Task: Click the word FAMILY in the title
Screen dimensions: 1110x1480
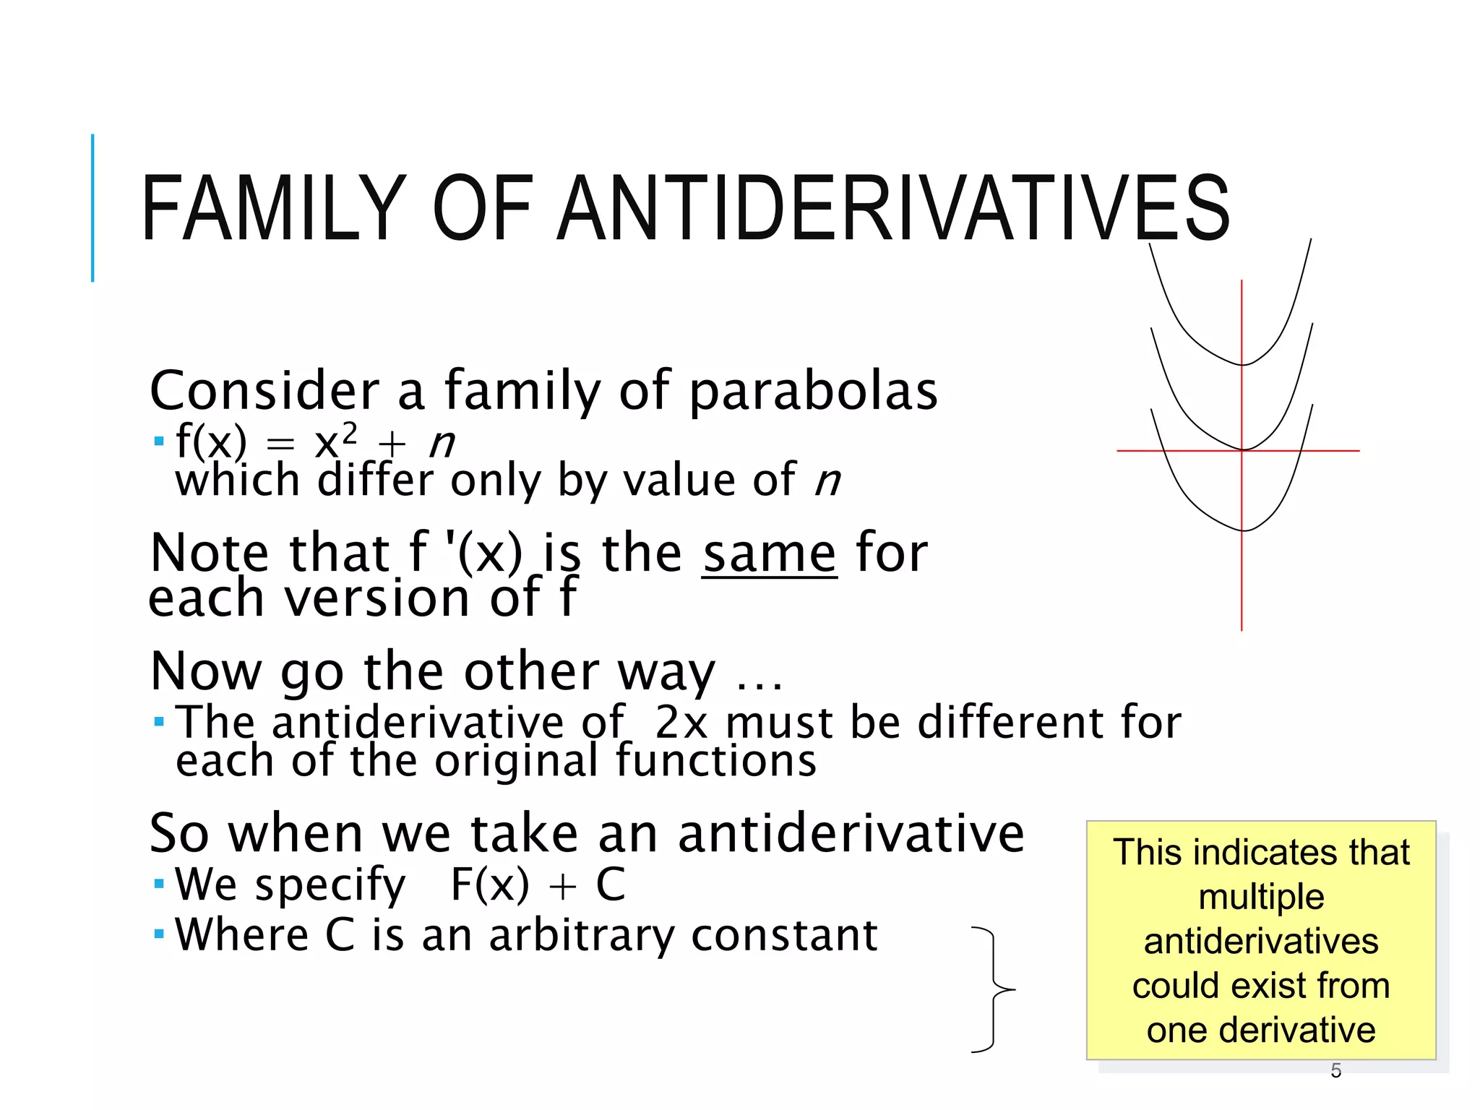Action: coord(273,209)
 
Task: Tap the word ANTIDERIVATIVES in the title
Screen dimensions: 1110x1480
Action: coord(894,209)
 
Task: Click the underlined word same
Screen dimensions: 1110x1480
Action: coord(769,554)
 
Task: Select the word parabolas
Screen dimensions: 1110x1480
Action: coord(813,391)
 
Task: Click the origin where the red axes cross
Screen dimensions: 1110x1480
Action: coord(1242,450)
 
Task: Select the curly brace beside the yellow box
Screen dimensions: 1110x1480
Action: coord(994,989)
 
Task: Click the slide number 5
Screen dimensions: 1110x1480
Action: coord(1335,1070)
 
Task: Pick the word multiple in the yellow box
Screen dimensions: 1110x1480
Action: coord(1260,897)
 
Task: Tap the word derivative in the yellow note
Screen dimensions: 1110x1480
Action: coord(1296,1030)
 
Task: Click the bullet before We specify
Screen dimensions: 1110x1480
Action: coord(159,884)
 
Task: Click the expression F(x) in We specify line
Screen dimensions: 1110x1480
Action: coord(489,885)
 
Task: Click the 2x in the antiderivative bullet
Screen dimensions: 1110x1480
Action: coord(681,722)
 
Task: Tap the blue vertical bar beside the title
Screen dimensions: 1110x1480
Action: coord(92,208)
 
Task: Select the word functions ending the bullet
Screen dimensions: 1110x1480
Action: coord(715,761)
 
